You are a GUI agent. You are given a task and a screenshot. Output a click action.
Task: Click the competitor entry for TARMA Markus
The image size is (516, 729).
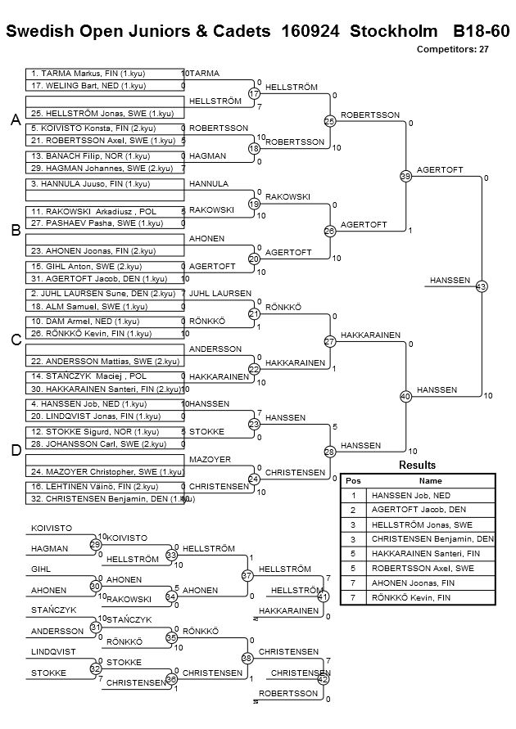pos(105,74)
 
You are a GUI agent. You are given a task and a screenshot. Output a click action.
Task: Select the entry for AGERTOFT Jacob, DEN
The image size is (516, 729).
pos(105,278)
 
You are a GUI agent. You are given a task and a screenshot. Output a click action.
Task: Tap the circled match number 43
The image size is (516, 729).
pos(481,286)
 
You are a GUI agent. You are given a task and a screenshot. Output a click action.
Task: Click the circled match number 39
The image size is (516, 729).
pos(405,176)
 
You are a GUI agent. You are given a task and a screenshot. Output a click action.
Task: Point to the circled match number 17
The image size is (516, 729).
pos(254,93)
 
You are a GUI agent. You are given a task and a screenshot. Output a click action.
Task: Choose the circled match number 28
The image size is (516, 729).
pos(329,452)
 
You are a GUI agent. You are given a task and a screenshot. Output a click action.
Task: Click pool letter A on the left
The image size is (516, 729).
pos(16,120)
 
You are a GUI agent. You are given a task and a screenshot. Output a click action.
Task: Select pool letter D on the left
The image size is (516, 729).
pos(16,450)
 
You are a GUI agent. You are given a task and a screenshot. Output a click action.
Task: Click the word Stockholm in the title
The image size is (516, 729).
pos(394,31)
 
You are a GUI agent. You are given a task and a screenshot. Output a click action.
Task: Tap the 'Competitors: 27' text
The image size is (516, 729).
pos(452,49)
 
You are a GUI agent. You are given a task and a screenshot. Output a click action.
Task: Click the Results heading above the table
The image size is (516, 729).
pos(418,465)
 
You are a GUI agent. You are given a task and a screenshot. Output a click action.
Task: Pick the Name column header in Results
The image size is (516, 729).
pos(430,481)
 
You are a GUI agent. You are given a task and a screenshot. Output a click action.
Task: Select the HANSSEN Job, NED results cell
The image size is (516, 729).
pos(430,496)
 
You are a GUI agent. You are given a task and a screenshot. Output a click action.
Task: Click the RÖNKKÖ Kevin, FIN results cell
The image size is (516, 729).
pos(430,598)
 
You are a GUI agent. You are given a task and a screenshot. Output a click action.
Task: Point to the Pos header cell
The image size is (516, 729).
pos(354,481)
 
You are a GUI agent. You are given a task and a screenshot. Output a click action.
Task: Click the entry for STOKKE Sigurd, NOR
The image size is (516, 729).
pos(105,432)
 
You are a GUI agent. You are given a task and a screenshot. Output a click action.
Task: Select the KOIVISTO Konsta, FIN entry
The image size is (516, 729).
pos(105,128)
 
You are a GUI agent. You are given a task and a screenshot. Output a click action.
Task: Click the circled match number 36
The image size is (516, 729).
pos(171,679)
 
